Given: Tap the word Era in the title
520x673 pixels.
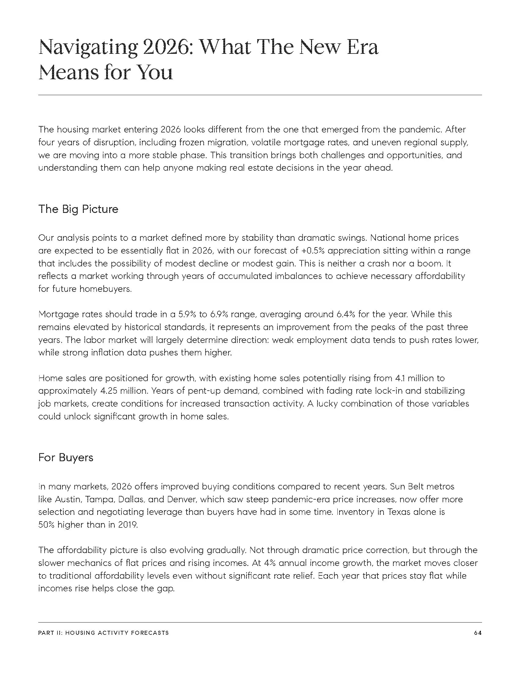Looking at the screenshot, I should point(362,47).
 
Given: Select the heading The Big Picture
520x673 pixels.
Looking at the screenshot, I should point(78,209).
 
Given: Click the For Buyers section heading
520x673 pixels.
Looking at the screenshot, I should point(66,457).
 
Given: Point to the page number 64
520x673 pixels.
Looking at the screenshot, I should point(478,633).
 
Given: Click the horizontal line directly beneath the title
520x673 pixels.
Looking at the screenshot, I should point(260,95).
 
